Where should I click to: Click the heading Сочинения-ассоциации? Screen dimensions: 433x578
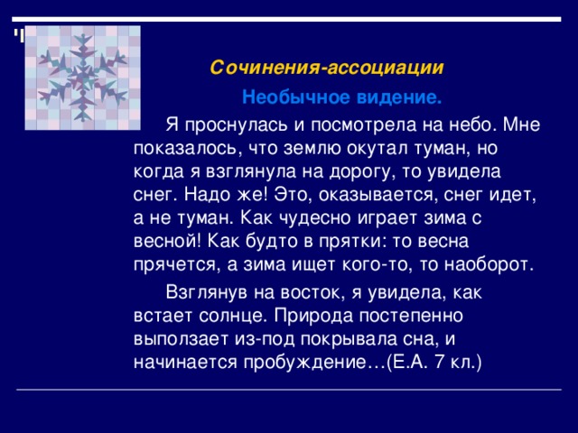(326, 68)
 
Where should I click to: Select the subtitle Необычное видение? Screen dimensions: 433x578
(341, 97)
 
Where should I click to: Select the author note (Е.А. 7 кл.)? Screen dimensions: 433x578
(434, 364)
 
